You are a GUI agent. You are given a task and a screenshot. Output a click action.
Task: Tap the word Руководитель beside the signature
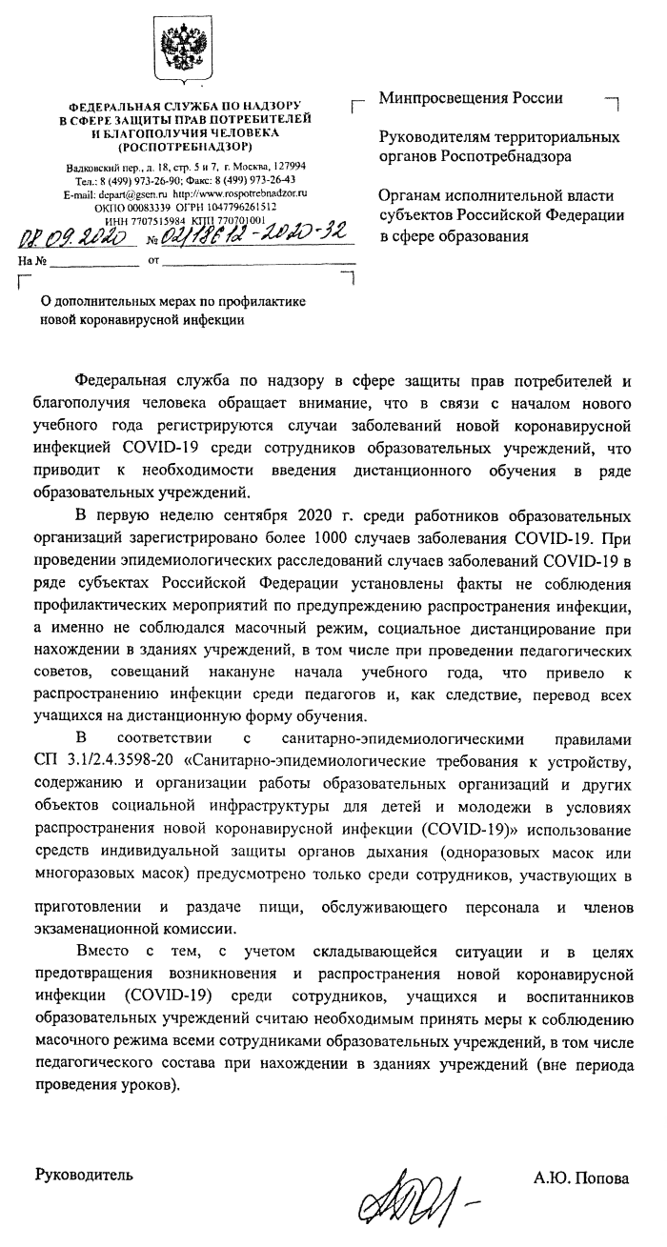pyautogui.click(x=84, y=1174)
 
